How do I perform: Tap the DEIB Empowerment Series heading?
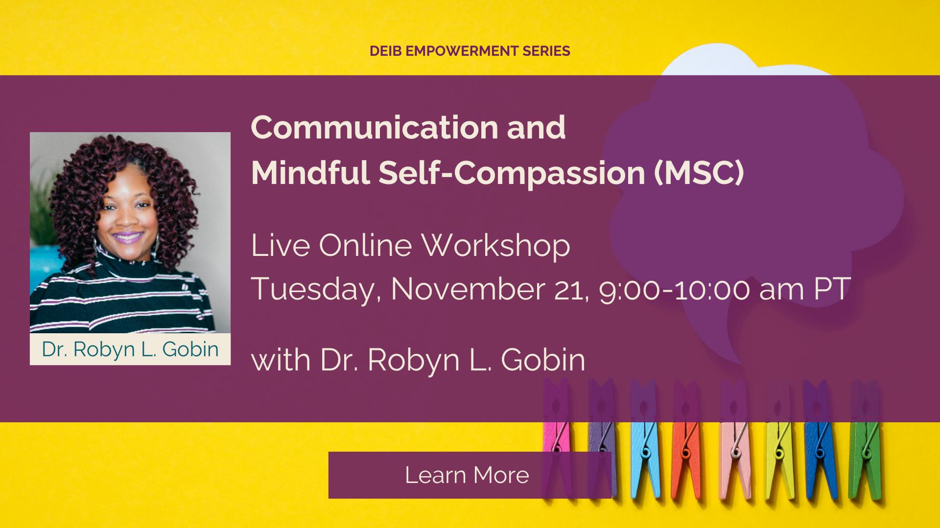click(x=470, y=51)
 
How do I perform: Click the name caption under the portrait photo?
click(x=130, y=349)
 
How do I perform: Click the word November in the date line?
click(x=468, y=289)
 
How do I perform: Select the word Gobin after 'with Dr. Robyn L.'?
click(x=543, y=360)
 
